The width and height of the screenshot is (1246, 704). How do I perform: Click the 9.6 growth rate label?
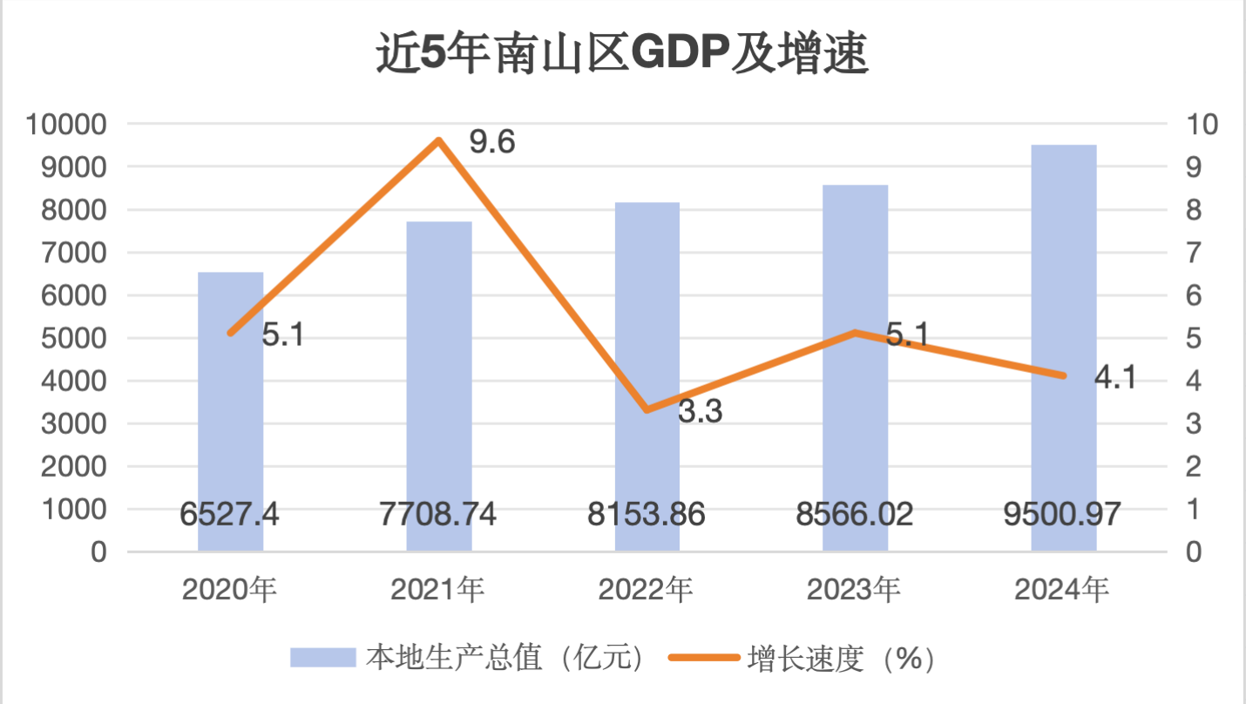(492, 142)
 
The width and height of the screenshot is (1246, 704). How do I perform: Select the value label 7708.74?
(438, 515)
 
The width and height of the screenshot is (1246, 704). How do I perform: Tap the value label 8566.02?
(855, 515)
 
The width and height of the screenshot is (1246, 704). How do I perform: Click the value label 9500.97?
(1063, 515)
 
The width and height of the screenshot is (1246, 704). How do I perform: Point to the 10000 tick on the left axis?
(66, 125)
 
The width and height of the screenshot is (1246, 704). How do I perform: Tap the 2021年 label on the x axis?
(437, 591)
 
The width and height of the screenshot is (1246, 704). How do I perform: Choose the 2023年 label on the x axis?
(854, 591)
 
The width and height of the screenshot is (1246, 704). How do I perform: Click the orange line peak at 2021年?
(439, 140)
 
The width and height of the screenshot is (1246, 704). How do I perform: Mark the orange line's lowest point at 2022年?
(647, 410)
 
